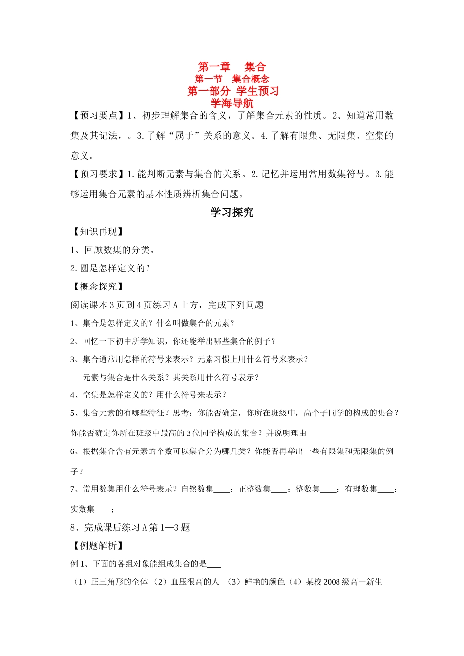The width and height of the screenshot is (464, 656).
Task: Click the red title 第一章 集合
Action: (x=232, y=67)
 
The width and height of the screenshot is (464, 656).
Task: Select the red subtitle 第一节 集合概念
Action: (x=232, y=79)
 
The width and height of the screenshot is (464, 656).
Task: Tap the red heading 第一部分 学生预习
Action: (x=232, y=91)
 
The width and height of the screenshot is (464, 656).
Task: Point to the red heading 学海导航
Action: (x=232, y=103)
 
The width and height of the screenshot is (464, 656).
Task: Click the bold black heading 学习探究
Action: (x=232, y=212)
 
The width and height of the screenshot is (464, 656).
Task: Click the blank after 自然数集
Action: (x=222, y=490)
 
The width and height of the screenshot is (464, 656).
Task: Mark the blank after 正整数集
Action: (x=279, y=490)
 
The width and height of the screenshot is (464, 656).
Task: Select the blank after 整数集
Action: (x=328, y=490)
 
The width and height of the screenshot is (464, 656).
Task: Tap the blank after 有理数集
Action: (x=385, y=490)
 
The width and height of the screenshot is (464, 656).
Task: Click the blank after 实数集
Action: (x=103, y=510)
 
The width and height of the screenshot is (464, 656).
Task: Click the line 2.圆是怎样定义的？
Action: (x=110, y=268)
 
